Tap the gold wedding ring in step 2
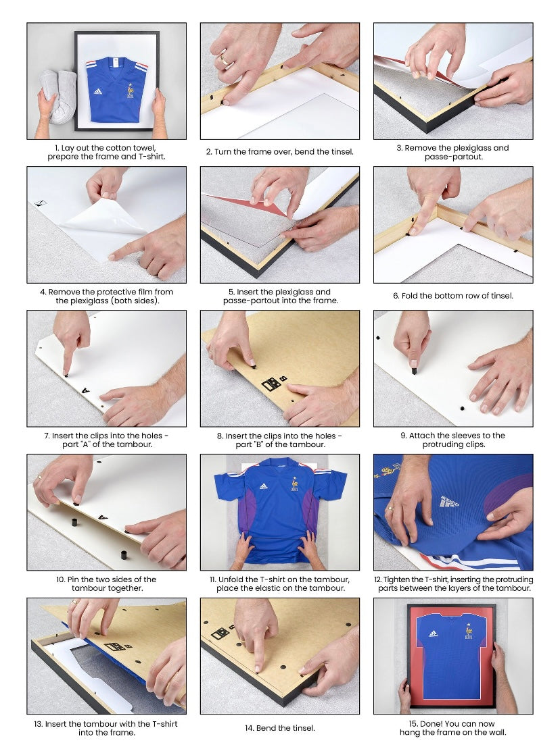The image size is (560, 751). click(x=225, y=59)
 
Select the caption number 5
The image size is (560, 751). click(x=231, y=292)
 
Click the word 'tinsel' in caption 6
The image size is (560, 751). click(x=501, y=296)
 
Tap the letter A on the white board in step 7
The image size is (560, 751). click(x=85, y=390)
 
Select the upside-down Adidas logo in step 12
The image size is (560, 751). click(x=449, y=502)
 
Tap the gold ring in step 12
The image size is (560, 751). click(x=392, y=508)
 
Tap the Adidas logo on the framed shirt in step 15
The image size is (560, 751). click(x=434, y=634)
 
